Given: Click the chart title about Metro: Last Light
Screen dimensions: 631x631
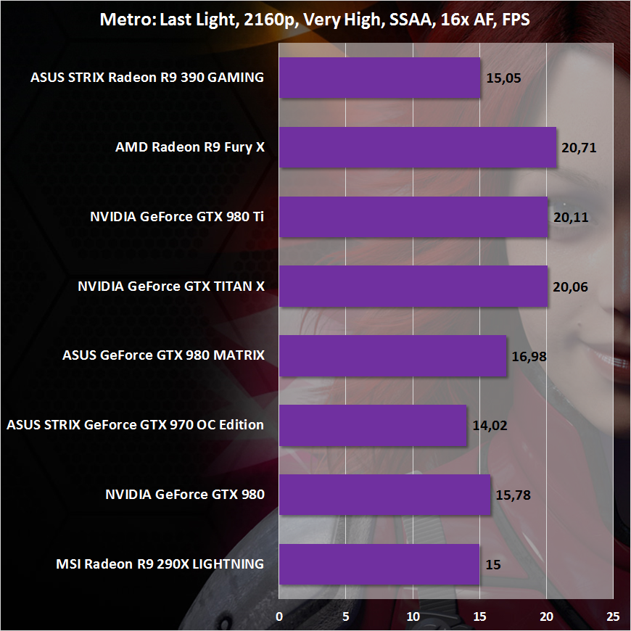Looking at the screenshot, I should point(315,20).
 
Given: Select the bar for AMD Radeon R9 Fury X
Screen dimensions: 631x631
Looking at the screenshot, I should point(417,148).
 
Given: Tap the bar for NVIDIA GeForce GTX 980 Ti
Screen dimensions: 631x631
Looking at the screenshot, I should point(413,217).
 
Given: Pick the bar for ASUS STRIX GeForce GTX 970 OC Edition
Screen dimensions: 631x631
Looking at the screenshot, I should point(372,425).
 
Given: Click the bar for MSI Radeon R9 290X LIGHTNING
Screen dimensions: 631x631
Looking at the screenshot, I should point(379,564).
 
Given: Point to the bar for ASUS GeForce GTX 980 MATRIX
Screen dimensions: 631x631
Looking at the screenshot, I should point(392,355).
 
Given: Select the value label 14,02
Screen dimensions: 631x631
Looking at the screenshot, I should point(490,425).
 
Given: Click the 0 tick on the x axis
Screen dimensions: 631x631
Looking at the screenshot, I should point(279,616).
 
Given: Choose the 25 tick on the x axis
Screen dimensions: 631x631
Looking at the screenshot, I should point(613,616).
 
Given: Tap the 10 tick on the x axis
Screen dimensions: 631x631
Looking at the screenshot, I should point(413,616).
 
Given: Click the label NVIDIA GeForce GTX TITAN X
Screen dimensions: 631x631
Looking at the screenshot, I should point(171,286).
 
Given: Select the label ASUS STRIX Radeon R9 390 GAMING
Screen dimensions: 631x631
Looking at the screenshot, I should point(147,78).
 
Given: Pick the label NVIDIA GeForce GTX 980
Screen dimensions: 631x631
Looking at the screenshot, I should point(185,495).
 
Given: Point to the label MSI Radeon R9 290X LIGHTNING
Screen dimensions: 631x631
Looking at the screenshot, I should point(160,564).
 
